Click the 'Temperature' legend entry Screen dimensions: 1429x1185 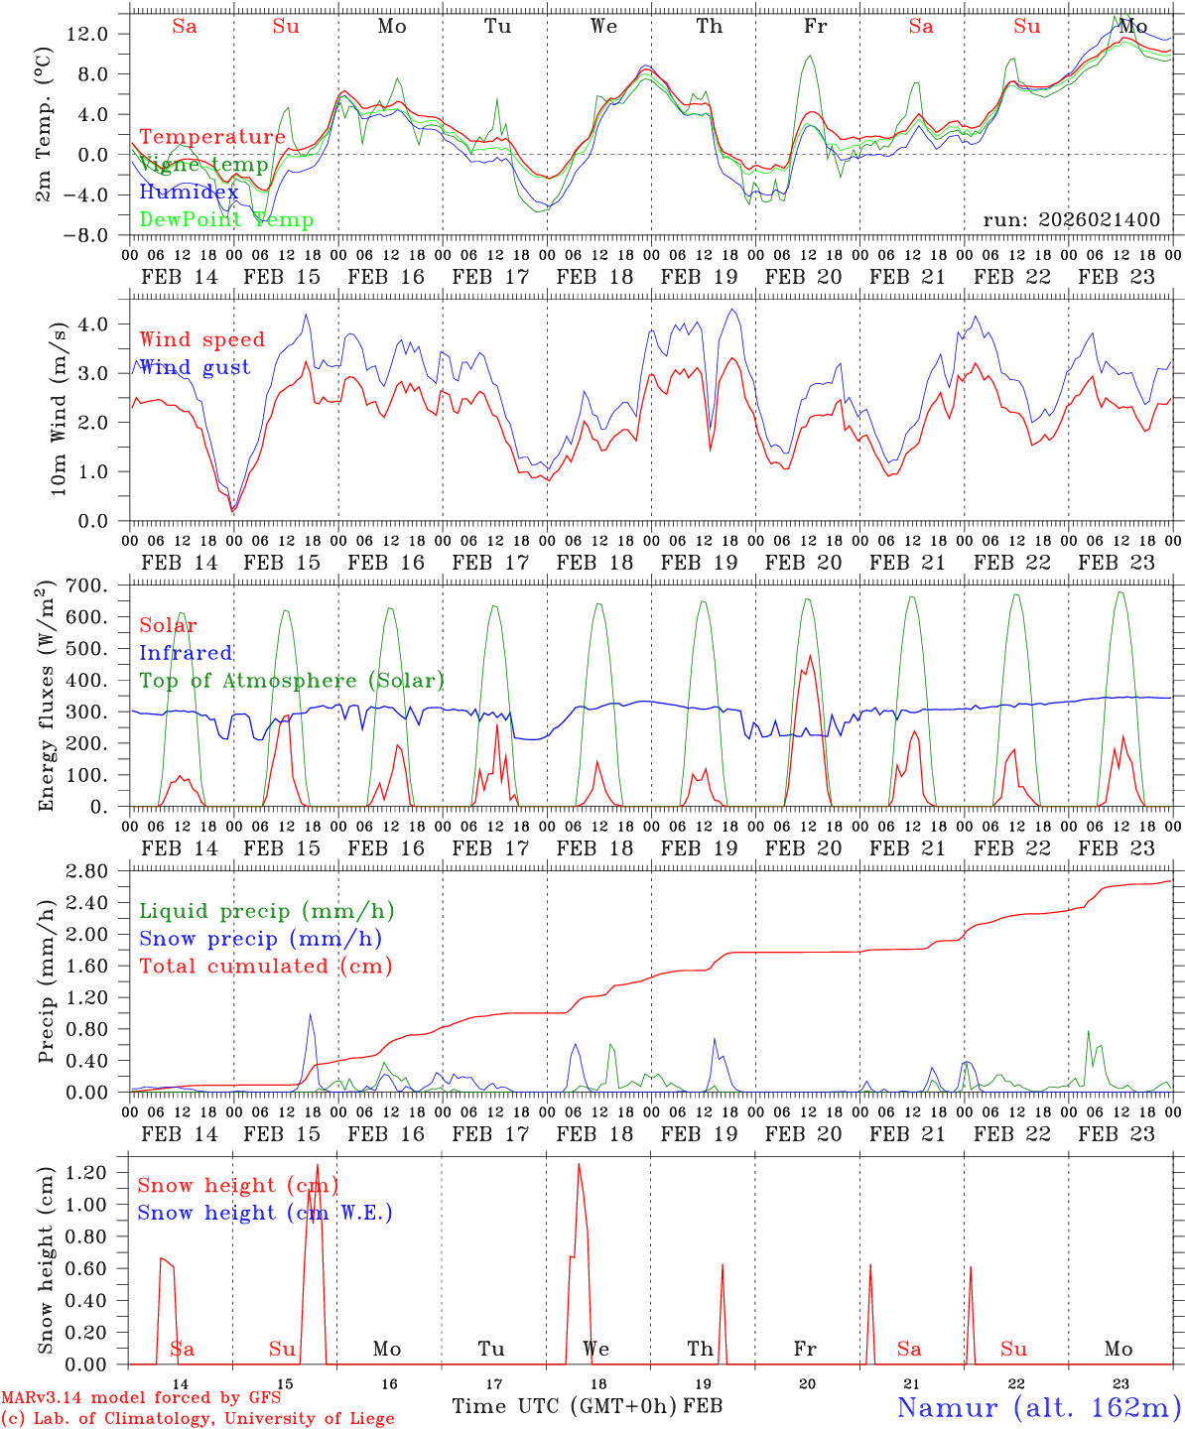click(x=212, y=137)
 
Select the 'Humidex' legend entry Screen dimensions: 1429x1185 click(x=189, y=192)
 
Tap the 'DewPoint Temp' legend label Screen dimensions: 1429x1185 click(x=226, y=219)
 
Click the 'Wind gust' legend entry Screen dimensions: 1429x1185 click(x=195, y=367)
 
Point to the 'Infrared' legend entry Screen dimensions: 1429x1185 click(x=186, y=653)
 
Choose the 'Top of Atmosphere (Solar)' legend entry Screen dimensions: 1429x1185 click(x=292, y=681)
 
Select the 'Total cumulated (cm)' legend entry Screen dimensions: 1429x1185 click(x=266, y=966)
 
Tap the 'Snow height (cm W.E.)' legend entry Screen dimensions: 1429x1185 click(x=265, y=1213)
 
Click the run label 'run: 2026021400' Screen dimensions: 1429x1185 click(x=1071, y=219)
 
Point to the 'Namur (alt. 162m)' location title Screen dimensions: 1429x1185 click(x=1038, y=1407)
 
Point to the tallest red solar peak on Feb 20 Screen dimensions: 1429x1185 click(x=810, y=656)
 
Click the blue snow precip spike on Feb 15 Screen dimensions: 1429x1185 click(x=311, y=1014)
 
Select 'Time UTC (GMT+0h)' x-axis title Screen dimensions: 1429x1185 click(x=565, y=1406)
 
